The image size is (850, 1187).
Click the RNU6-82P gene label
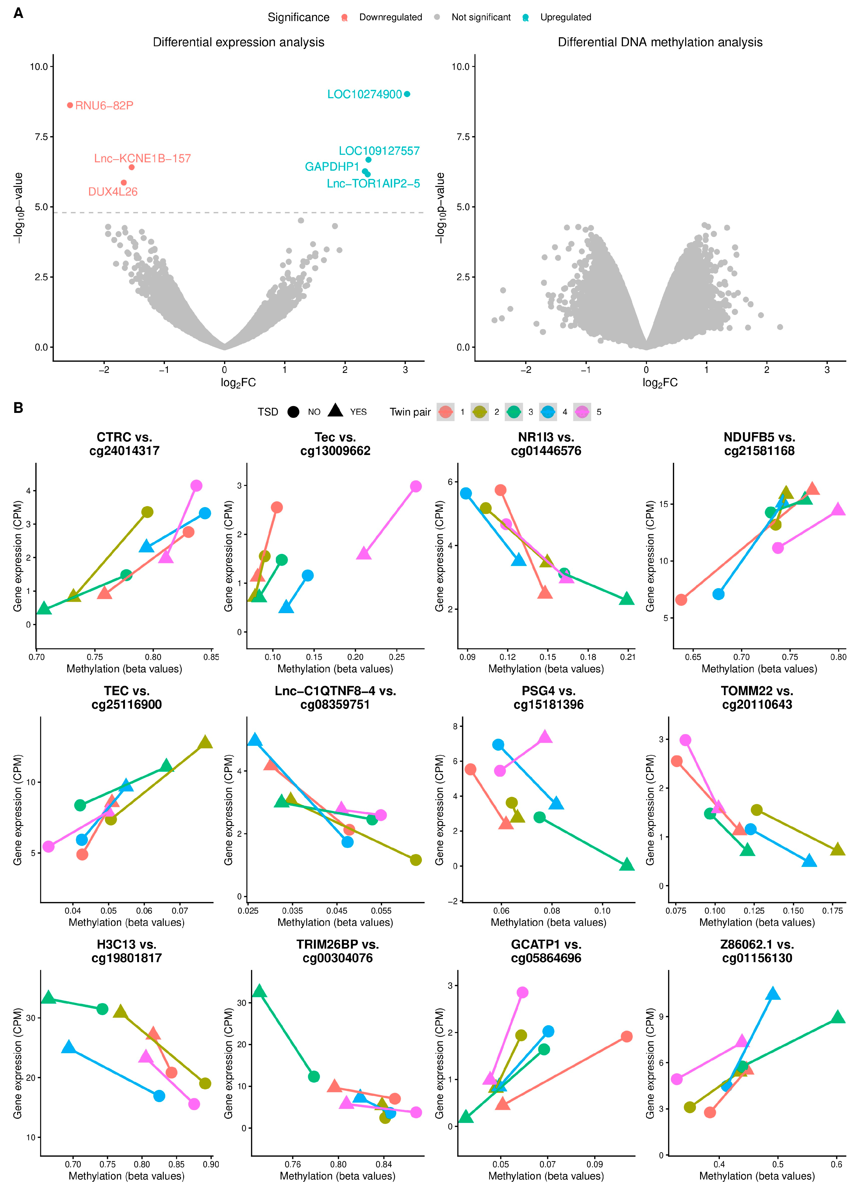point(104,106)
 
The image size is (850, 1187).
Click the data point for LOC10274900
point(407,94)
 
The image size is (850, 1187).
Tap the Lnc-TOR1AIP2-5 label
point(373,184)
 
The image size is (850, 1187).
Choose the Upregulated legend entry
point(565,17)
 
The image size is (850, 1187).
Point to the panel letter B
point(18,407)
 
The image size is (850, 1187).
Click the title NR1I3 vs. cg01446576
point(546,444)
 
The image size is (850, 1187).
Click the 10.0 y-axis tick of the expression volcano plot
point(38,66)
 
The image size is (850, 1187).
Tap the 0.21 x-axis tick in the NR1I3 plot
point(628,657)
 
